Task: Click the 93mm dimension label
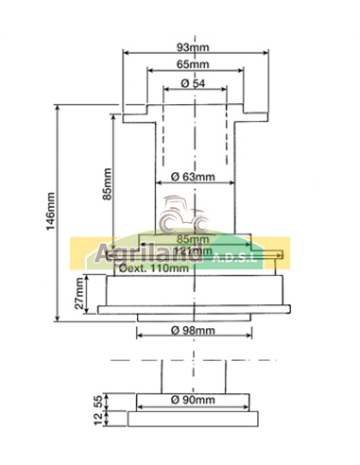tap(194, 47)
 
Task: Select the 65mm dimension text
tap(194, 64)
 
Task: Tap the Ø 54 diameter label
tap(194, 85)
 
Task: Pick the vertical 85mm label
tap(107, 185)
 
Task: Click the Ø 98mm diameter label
tap(195, 331)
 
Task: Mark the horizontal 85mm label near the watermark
tap(193, 239)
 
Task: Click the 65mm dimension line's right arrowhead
tap(237, 72)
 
